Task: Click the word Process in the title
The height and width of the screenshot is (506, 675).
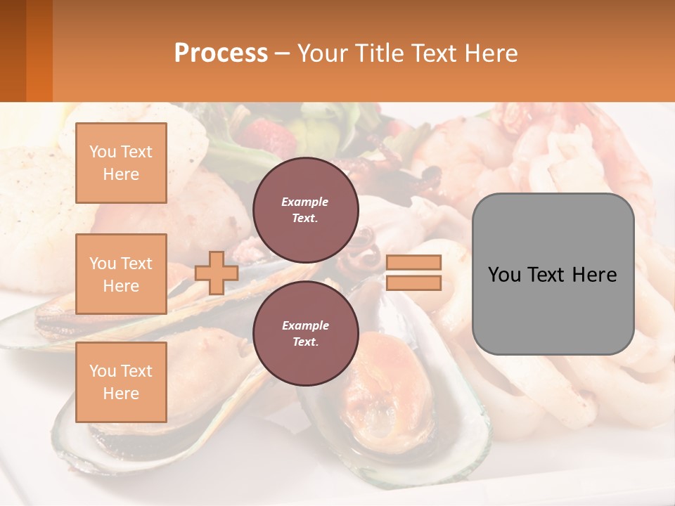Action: pos(221,53)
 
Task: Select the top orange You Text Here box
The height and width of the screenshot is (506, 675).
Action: pos(121,163)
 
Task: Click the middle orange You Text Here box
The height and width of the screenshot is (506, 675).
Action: pos(121,274)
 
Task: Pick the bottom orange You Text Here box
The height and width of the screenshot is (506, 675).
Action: pos(121,382)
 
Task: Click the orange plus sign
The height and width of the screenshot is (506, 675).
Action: pos(217,273)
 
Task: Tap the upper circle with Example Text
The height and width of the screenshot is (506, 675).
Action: pos(305,209)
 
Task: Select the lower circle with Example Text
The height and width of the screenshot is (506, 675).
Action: pos(305,333)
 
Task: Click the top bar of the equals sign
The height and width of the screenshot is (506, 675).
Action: pos(413,263)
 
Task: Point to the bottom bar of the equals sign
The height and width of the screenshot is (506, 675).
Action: pos(413,283)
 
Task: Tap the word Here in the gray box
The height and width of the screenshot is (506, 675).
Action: pos(594,275)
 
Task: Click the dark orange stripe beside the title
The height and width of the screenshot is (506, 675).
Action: pos(39,51)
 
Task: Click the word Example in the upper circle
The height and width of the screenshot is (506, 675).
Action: pos(305,202)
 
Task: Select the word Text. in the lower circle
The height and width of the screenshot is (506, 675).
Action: pos(305,342)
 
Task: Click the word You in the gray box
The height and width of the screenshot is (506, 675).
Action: pos(505,275)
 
